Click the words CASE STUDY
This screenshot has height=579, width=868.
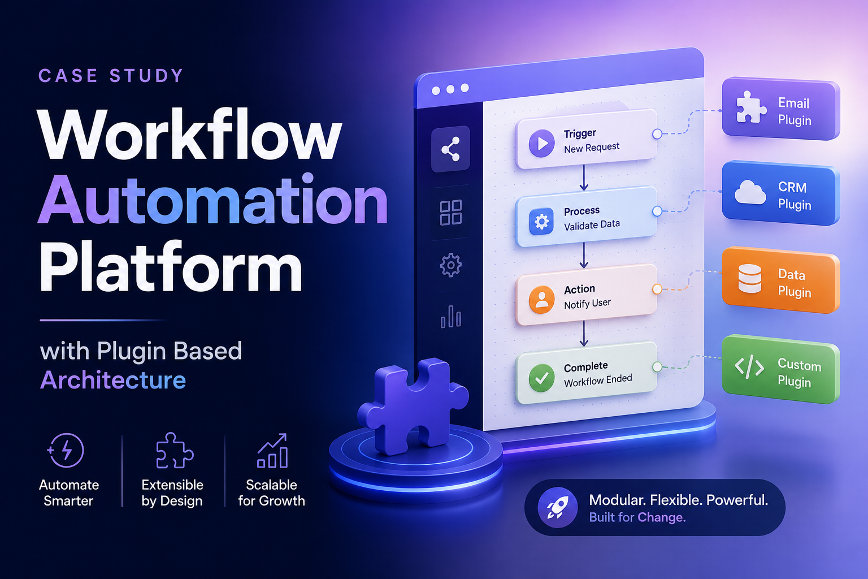tap(111, 76)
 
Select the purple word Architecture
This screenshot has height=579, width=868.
tap(113, 379)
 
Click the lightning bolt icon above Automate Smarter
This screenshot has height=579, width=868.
tap(66, 450)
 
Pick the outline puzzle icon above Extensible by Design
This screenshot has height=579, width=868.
tap(174, 450)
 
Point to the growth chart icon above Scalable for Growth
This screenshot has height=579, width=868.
tap(272, 451)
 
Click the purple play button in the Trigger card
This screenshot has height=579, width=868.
tap(542, 143)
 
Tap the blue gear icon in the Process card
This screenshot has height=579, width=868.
tap(541, 222)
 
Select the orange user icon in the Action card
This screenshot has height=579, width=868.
tap(541, 299)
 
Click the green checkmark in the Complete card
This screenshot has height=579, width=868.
tap(541, 378)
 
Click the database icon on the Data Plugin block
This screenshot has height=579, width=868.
tap(750, 278)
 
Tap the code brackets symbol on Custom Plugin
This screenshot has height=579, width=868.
tap(749, 366)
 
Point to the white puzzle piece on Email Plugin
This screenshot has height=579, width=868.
tap(750, 107)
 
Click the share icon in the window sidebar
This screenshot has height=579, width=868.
tap(450, 149)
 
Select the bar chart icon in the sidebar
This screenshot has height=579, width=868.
tap(450, 317)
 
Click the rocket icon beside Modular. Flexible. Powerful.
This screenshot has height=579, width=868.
tap(558, 507)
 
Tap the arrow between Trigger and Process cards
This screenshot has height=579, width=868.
tap(584, 178)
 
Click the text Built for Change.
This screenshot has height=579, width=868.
tap(637, 517)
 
